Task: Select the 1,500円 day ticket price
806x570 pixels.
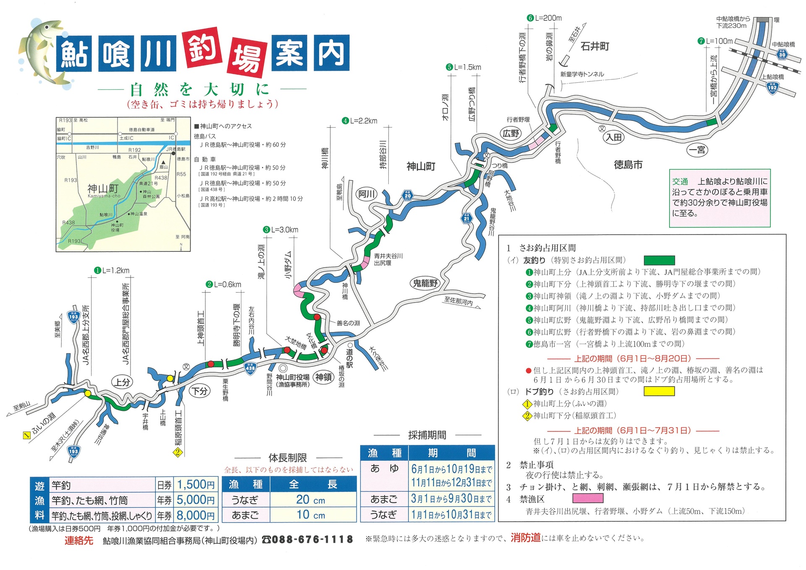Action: (196, 485)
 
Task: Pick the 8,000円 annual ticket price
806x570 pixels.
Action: (196, 515)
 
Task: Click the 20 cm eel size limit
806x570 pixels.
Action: (311, 499)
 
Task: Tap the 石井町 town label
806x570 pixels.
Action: (594, 46)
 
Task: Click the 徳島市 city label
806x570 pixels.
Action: (628, 165)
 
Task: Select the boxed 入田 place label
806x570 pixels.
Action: (614, 137)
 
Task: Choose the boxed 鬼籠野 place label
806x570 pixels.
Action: (425, 283)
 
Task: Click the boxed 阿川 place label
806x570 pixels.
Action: (366, 194)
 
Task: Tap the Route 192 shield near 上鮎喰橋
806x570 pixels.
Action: (772, 88)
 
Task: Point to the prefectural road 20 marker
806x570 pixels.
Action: (408, 195)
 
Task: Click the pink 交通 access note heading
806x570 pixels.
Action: (680, 181)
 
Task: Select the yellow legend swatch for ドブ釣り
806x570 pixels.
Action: (659, 392)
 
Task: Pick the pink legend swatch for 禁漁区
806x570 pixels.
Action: (588, 499)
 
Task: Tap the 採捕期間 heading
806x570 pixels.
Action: (427, 435)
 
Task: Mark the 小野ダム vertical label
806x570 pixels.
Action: (288, 265)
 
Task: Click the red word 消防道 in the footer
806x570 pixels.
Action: (526, 538)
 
